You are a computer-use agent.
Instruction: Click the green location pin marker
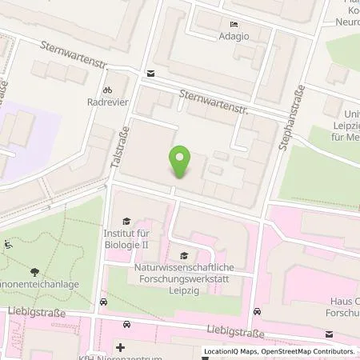(x=181, y=162)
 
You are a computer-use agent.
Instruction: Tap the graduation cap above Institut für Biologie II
(x=125, y=221)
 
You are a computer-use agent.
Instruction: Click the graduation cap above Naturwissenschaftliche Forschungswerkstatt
(x=183, y=255)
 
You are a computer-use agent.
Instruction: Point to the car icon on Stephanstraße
(x=255, y=311)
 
